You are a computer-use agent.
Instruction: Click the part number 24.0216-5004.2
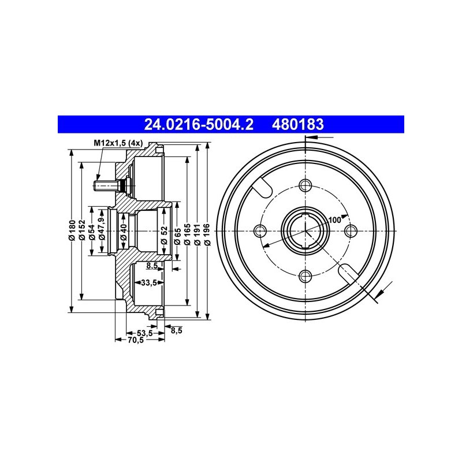[x=199, y=124]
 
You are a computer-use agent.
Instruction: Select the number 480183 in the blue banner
[x=297, y=124]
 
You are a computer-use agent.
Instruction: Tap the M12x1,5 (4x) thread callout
[x=118, y=143]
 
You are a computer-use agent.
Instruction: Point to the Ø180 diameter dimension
[x=72, y=230]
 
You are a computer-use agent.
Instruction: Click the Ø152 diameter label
[x=82, y=230]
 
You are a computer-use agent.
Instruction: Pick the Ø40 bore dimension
[x=124, y=232]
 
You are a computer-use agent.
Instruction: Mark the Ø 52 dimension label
[x=164, y=235]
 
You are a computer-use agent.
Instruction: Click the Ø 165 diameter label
[x=187, y=234]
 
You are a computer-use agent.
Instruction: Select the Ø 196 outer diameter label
[x=207, y=234]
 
